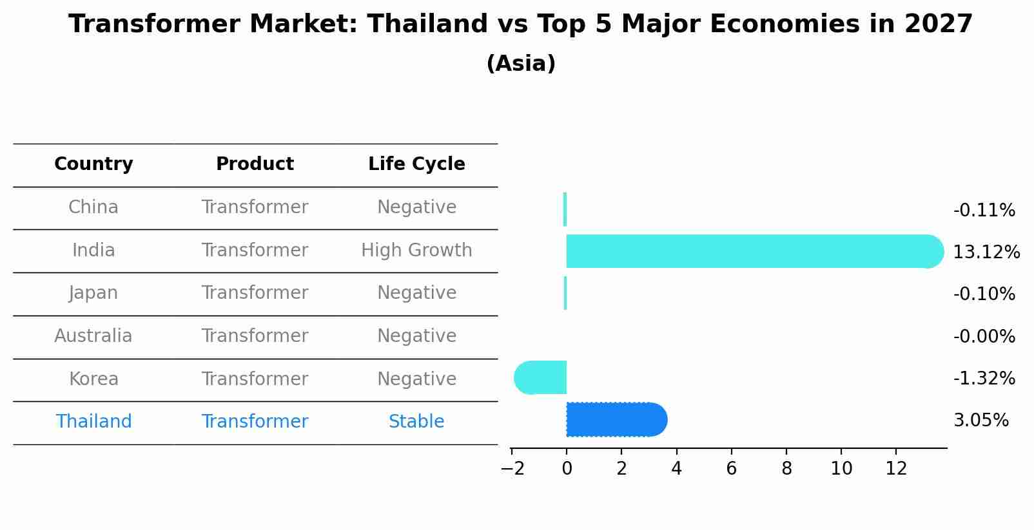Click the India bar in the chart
755,251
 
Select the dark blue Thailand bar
617,419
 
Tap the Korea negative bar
540,377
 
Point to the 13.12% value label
986,252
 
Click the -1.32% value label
984,378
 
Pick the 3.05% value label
981,421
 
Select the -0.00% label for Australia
984,336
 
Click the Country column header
93,164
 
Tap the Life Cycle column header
416,164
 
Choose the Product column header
255,164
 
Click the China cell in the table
93,207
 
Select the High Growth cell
416,250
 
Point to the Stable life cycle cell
416,421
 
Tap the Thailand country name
93,421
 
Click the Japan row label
93,293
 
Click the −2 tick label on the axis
512,468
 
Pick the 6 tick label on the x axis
731,468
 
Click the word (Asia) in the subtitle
521,63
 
